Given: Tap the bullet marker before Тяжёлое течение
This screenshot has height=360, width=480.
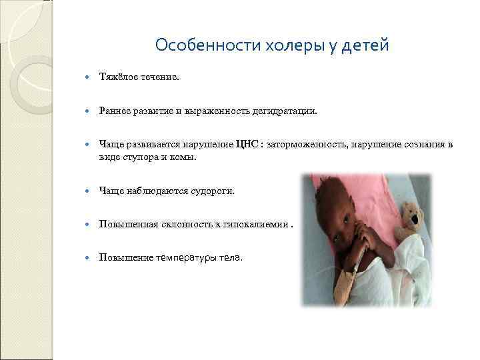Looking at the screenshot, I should [87, 78].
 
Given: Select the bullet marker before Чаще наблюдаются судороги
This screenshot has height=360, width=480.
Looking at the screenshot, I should [87, 192].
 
